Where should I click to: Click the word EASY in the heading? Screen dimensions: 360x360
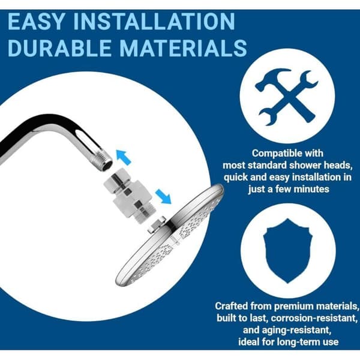pyautogui.click(x=36, y=22)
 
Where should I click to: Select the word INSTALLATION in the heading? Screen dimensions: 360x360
pyautogui.click(x=154, y=22)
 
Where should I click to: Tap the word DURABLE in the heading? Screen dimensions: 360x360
pyautogui.click(x=59, y=48)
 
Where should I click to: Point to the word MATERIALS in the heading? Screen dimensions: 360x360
pyautogui.click(x=183, y=48)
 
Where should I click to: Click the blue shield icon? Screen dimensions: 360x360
pyautogui.click(x=288, y=251)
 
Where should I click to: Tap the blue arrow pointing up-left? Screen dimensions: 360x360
pyautogui.click(x=123, y=157)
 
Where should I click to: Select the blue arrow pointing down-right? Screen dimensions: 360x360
pyautogui.click(x=163, y=196)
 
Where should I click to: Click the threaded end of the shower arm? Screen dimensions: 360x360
pyautogui.click(x=104, y=162)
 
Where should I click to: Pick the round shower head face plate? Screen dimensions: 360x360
pyautogui.click(x=169, y=236)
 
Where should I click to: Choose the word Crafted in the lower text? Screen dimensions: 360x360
pyautogui.click(x=232, y=306)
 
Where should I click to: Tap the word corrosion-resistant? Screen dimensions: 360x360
pyautogui.click(x=314, y=318)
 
